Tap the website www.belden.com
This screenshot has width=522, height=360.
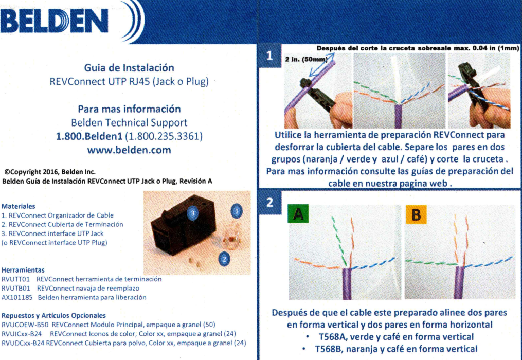[129, 150]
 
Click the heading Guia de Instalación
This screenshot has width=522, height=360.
[129, 68]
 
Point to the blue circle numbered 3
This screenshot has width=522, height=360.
[192, 212]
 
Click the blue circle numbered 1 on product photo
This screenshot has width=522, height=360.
[237, 210]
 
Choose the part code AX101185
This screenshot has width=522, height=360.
[17, 297]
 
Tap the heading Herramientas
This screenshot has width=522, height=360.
[23, 269]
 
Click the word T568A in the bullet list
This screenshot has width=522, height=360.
[333, 337]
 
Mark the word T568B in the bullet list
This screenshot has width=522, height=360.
[332, 349]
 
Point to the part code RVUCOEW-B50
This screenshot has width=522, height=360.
[25, 325]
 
